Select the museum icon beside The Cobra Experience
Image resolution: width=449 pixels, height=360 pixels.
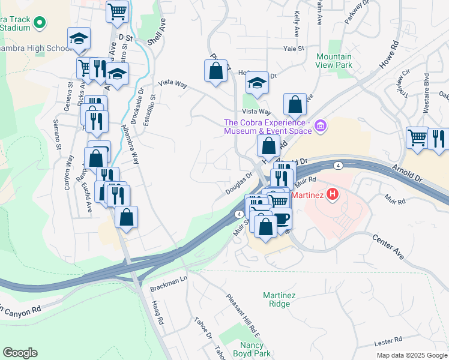tap(321, 126)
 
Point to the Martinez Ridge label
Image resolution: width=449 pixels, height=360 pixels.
tap(276, 299)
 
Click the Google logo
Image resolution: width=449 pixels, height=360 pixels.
tap(20, 353)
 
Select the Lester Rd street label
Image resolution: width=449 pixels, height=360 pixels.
tap(388, 343)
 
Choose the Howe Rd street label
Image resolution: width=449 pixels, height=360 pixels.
tap(389, 53)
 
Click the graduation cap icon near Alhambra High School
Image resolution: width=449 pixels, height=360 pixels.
tap(79, 39)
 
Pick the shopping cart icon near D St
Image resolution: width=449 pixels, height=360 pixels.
tap(118, 10)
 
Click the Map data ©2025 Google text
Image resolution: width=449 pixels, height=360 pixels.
tap(411, 355)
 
